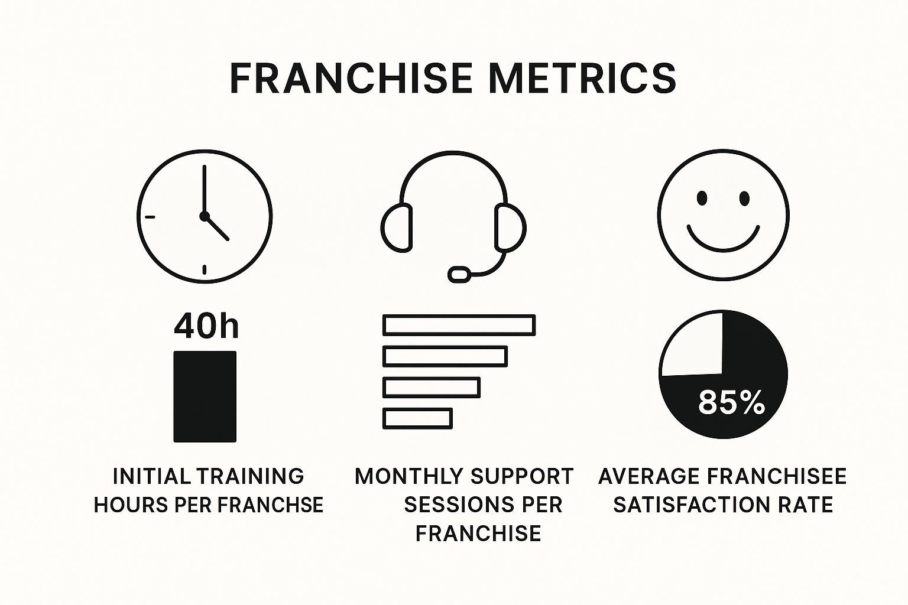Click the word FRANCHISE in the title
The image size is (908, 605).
[351, 78]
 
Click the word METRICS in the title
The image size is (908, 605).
[583, 78]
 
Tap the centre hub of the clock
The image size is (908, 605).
[205, 216]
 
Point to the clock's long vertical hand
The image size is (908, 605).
[204, 189]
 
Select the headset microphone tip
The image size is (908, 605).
[459, 274]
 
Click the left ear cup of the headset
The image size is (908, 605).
[397, 227]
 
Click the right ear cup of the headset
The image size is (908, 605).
[510, 227]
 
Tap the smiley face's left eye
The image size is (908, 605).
[702, 198]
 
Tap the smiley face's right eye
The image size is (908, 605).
[744, 198]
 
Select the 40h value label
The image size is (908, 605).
[206, 326]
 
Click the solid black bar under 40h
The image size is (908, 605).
[205, 396]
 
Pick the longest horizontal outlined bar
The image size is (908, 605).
[459, 325]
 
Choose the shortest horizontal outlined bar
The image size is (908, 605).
[417, 418]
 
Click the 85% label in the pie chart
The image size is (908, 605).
[731, 402]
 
